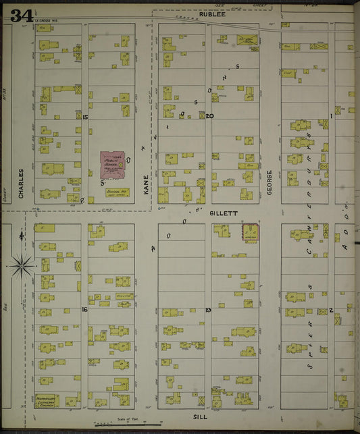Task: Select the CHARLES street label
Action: pos(21,184)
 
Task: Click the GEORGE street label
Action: pos(269,182)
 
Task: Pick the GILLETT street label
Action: pos(224,213)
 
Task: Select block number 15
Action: pos(84,117)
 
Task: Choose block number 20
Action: pos(209,116)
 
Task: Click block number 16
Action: pos(84,309)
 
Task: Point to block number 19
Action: pos(209,309)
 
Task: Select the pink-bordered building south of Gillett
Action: pos(250,233)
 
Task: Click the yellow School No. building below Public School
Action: pos(117,192)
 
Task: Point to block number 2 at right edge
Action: pos(332,310)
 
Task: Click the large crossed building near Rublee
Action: pos(247,40)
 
